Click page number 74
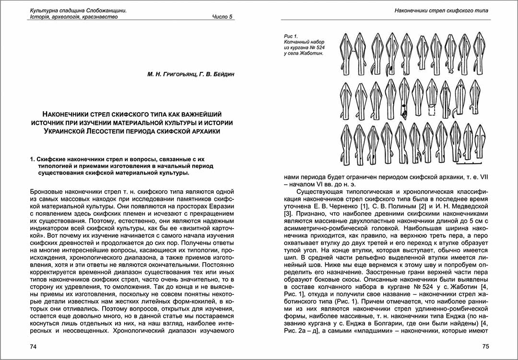tap(34, 346)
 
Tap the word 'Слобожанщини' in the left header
tap(108, 10)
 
